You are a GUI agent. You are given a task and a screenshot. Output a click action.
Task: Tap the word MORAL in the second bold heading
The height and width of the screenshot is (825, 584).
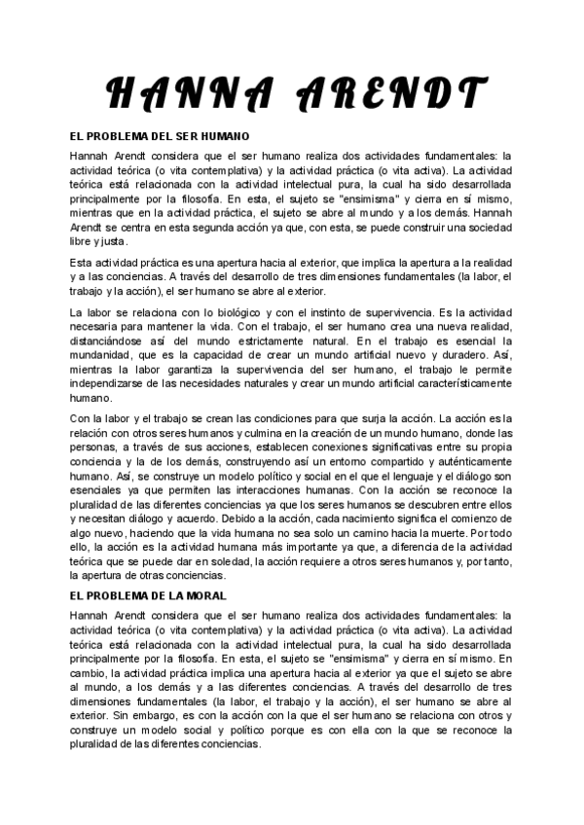205,594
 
